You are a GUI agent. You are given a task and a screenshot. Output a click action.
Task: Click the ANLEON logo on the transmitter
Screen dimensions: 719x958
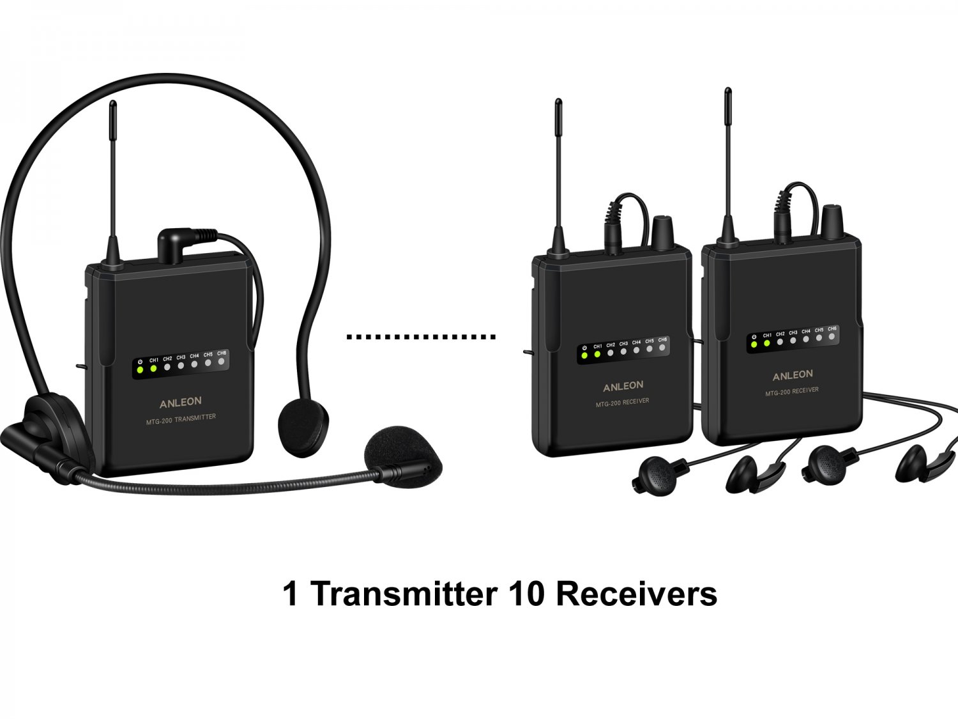180,402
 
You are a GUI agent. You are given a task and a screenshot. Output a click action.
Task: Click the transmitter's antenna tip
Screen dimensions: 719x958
113,105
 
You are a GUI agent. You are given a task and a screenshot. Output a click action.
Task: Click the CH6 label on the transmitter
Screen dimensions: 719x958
222,353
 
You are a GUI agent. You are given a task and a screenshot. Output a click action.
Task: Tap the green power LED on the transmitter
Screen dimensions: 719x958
140,370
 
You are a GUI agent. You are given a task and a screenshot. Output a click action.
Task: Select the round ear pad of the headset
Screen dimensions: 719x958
303,427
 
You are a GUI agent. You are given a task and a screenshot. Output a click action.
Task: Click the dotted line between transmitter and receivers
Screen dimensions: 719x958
421,336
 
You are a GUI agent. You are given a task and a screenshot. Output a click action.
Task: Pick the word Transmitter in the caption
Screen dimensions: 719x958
404,594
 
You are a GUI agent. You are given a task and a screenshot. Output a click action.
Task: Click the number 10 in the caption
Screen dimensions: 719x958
527,594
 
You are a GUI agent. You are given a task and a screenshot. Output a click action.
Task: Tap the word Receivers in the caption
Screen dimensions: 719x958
636,594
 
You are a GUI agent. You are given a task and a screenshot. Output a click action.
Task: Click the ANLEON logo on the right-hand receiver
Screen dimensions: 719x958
793,375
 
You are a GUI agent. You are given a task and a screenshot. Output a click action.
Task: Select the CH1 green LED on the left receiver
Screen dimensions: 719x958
597,353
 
